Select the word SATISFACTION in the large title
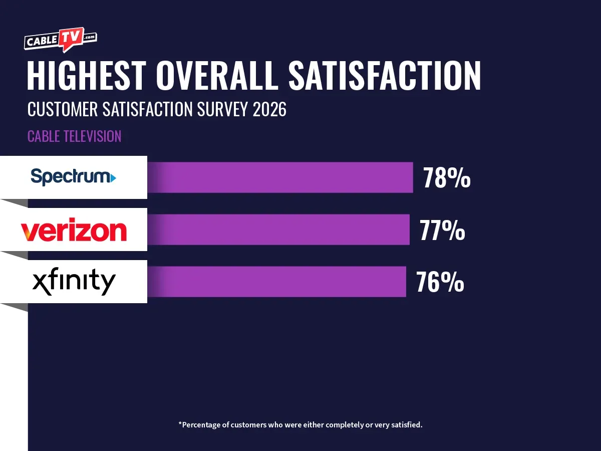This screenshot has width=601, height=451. coord(384,77)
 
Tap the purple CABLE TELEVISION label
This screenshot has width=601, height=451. coord(74,136)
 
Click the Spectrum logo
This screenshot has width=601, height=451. coord(73,177)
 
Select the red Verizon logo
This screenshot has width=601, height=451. coord(73,231)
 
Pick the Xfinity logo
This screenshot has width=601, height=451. coord(74,283)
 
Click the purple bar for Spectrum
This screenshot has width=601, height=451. coord(280,177)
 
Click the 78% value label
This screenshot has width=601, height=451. coord(447,178)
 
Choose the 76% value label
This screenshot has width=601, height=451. coord(440,282)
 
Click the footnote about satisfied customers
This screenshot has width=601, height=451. coord(300,425)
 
